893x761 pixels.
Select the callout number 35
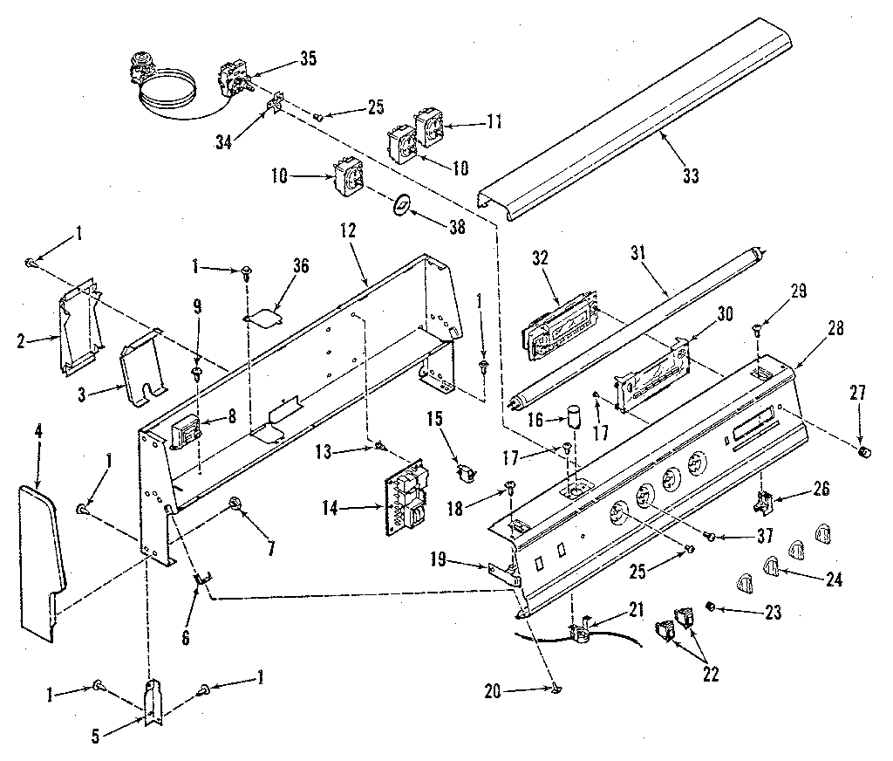click(x=307, y=59)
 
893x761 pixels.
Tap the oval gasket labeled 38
click(x=400, y=204)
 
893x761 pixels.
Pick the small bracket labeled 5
click(x=153, y=703)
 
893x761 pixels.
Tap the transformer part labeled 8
click(x=187, y=431)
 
